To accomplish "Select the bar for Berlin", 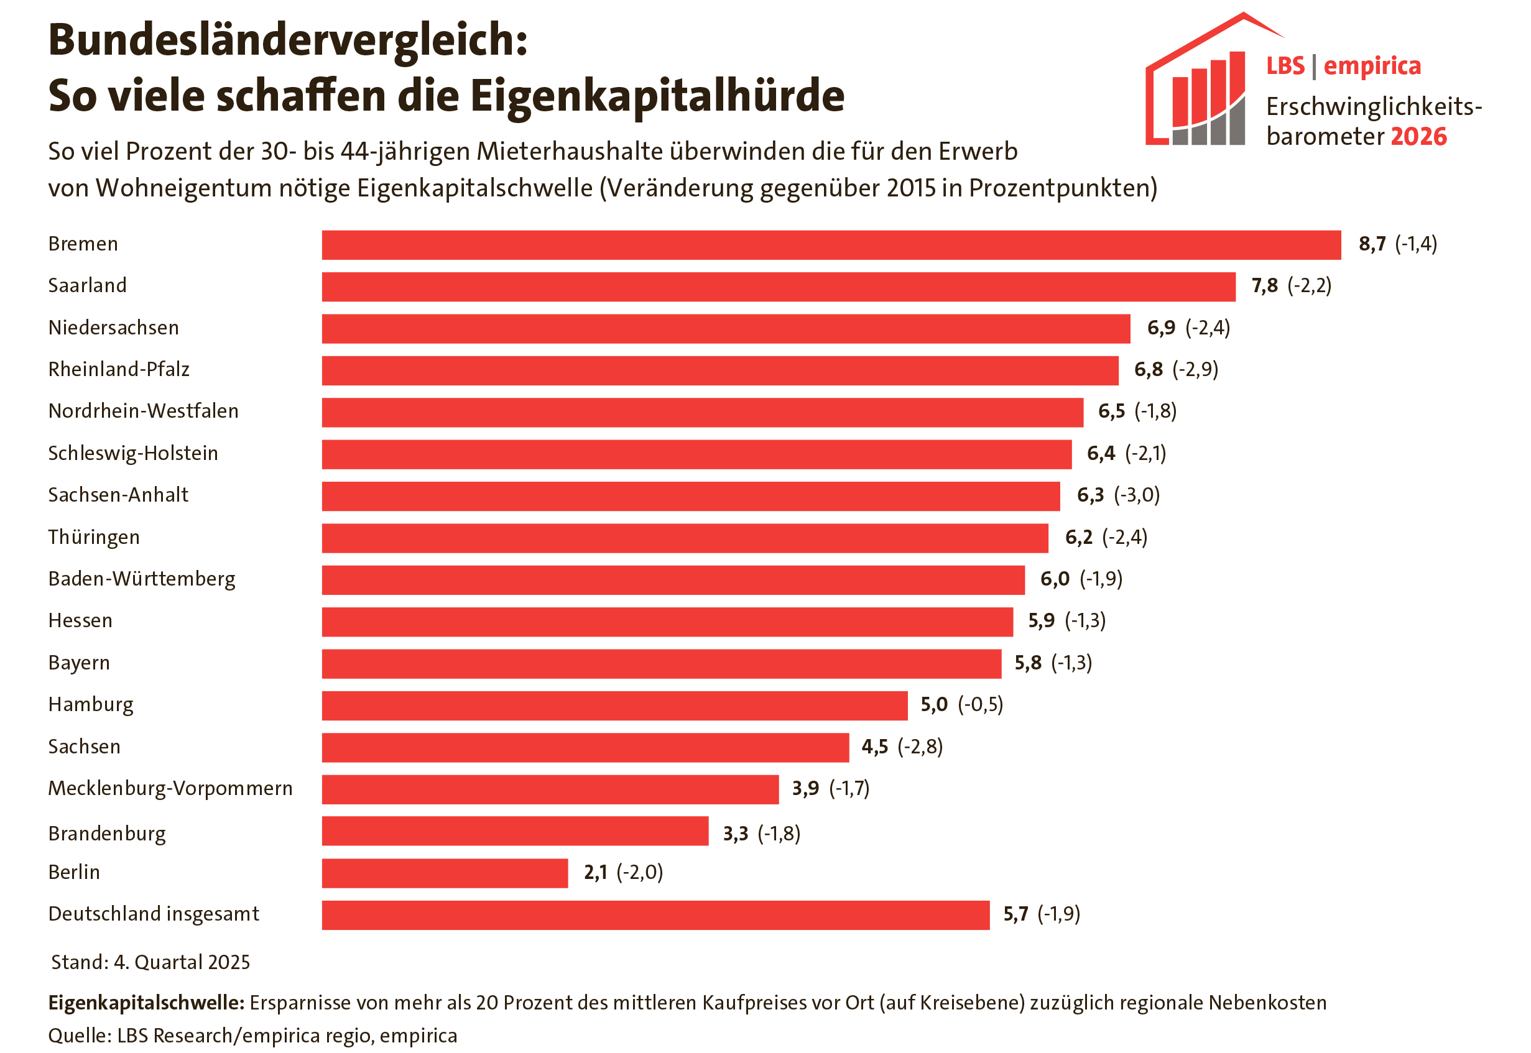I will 444,873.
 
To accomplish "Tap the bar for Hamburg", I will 614,706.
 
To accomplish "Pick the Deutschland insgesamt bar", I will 655,915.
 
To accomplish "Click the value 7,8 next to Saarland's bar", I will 1264,286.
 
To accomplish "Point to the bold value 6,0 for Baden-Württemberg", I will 1054,579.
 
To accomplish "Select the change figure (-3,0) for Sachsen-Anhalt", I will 1136,495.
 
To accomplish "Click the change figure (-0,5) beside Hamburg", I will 980,705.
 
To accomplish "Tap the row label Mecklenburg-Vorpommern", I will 170,788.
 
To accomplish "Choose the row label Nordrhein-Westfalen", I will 143,411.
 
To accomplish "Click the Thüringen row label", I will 94,537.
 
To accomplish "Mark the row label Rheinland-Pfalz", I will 119,369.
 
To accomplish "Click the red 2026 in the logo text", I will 1418,137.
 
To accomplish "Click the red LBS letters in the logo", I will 1285,66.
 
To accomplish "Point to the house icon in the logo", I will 1198,86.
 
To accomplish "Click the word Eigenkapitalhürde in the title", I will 657,96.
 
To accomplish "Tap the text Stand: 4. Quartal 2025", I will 150,963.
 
